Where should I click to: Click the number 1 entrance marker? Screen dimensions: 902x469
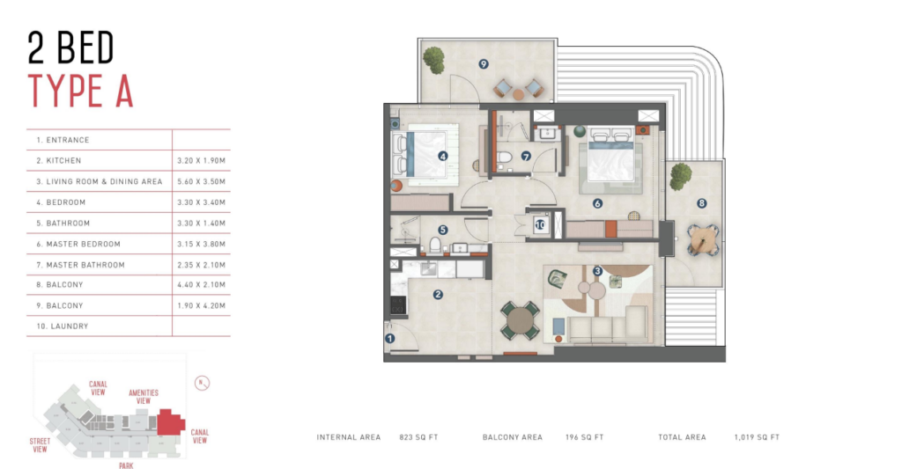point(390,339)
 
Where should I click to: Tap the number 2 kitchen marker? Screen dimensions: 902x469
point(438,294)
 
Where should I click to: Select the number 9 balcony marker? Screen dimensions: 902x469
point(484,64)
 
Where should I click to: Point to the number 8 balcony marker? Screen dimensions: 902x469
point(701,203)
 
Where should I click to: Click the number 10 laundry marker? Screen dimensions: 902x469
point(540,224)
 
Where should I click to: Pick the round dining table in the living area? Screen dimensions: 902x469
point(520,321)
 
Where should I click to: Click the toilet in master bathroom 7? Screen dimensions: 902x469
point(505,157)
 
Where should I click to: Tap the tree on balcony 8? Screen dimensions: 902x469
point(681,175)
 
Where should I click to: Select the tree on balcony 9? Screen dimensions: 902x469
point(433,59)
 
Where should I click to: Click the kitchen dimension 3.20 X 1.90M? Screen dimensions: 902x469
point(202,161)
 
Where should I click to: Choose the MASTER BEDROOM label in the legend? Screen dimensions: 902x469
point(84,245)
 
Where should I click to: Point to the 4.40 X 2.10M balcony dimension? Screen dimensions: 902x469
point(202,285)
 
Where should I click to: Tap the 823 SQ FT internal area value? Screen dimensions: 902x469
point(418,437)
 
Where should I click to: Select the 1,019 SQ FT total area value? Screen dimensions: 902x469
point(757,437)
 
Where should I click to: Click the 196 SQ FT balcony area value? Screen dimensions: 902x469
point(585,437)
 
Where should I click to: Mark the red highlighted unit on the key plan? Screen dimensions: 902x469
point(170,422)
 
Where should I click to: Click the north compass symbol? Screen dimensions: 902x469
point(202,383)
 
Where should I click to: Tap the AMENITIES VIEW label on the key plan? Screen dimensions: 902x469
point(144,397)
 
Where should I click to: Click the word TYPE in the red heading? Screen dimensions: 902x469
point(65,92)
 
